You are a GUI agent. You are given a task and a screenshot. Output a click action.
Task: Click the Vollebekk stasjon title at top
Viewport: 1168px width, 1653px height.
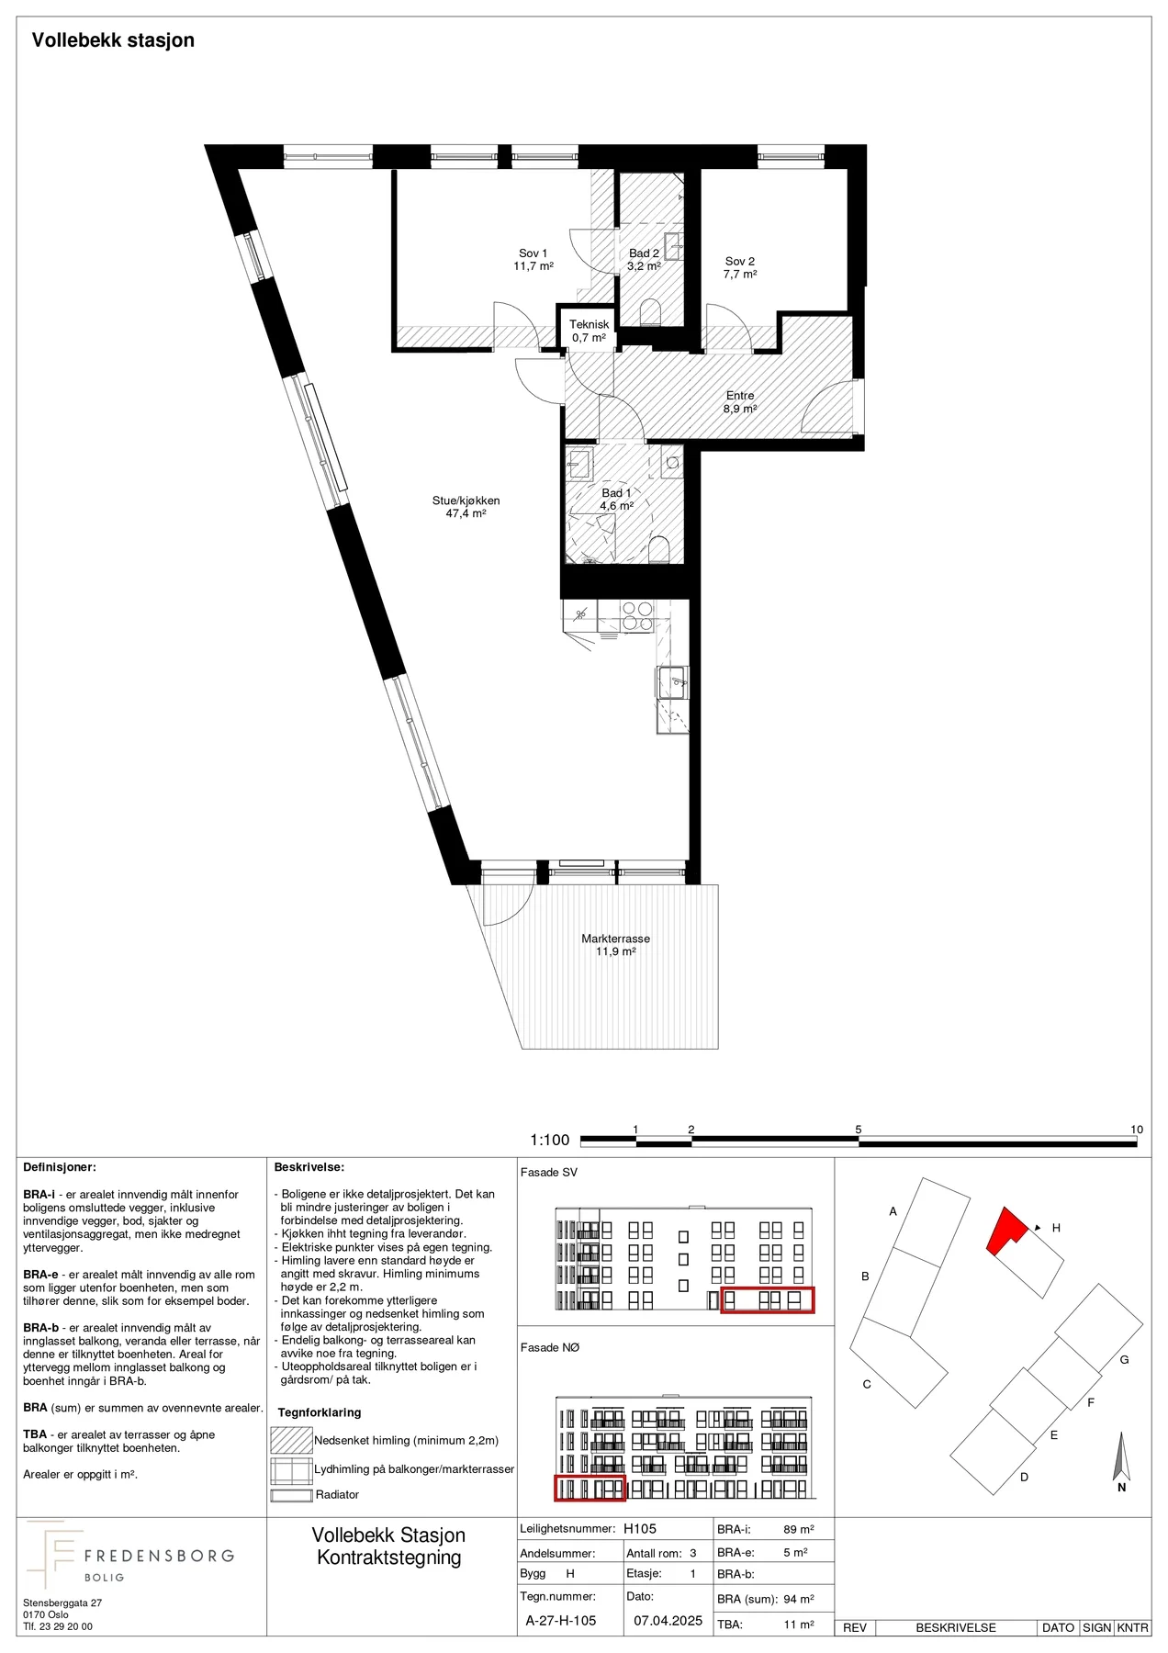(113, 40)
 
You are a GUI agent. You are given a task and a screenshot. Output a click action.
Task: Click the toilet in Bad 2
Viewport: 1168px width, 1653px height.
(652, 312)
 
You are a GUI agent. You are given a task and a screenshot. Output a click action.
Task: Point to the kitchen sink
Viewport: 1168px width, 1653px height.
(672, 682)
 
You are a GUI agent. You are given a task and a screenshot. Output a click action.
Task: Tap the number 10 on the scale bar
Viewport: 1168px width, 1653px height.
(1137, 1130)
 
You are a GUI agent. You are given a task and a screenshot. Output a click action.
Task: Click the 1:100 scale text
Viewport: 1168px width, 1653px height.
(550, 1140)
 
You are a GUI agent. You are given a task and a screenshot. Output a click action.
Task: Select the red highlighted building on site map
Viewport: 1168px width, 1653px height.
(1005, 1231)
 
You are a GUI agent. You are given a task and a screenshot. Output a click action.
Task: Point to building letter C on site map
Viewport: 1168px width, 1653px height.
(866, 1384)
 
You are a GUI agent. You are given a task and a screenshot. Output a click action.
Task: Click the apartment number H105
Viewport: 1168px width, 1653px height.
(640, 1529)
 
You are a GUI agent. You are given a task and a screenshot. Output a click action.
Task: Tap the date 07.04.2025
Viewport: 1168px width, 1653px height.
(668, 1621)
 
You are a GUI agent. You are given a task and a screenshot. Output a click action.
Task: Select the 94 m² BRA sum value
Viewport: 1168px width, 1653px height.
(799, 1599)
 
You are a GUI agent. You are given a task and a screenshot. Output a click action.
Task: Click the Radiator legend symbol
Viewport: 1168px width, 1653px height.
(291, 1495)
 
